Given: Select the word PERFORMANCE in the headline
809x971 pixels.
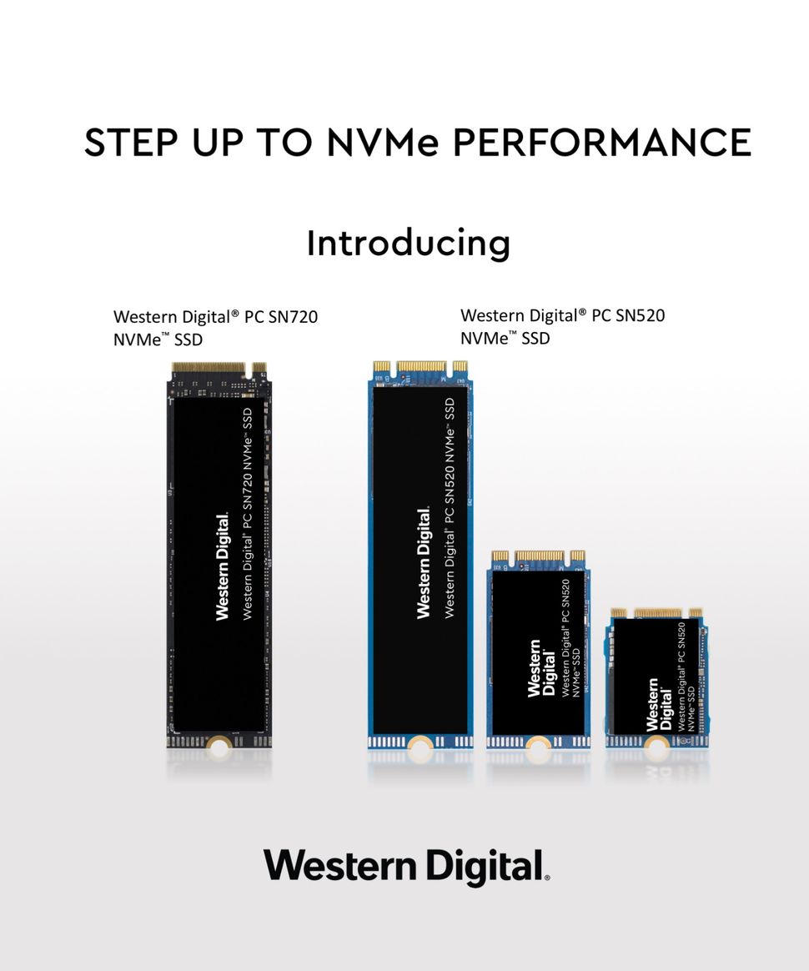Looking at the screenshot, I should (601, 142).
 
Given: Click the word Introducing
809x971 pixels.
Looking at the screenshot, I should (408, 244).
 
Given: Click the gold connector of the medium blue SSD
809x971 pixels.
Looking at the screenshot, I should (538, 556).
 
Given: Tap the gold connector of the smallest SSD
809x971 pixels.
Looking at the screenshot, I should (656, 613).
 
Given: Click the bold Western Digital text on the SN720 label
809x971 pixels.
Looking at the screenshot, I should (222, 566).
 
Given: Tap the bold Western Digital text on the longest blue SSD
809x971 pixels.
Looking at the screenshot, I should (424, 562).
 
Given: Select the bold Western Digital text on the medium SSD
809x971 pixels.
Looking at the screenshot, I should (540, 667).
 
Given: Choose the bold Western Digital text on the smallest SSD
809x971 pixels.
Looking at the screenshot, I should (657, 704).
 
